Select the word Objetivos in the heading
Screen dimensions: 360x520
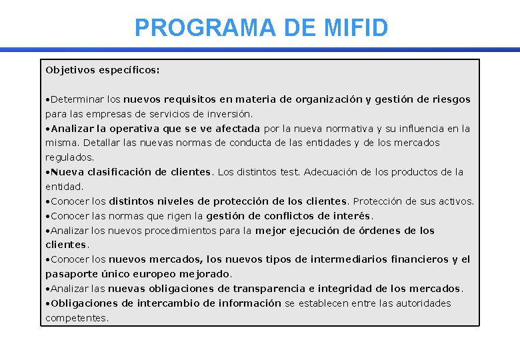pos(71,69)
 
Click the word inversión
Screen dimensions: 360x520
pos(229,114)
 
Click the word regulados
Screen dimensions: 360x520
pos(69,157)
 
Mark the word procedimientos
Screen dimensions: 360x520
pos(183,231)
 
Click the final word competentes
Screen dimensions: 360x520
pos(75,318)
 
